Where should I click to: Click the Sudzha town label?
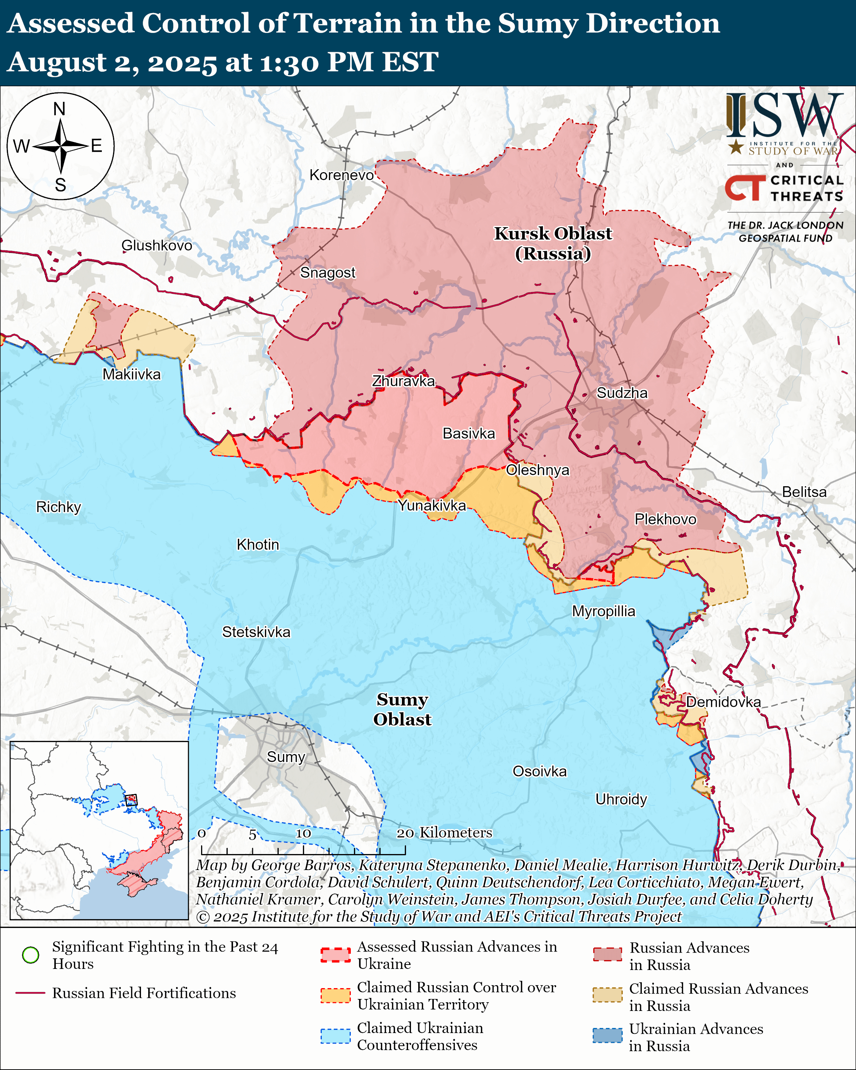[x=622, y=393]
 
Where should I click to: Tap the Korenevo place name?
[x=341, y=175]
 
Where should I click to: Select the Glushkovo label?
[x=157, y=246]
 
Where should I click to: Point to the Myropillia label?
[x=603, y=611]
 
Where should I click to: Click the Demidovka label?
[x=723, y=702]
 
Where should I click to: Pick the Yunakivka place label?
[x=432, y=506]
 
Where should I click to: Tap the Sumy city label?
[x=286, y=757]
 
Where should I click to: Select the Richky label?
[x=59, y=507]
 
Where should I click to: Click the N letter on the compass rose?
[x=59, y=109]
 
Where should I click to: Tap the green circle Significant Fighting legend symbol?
[x=31, y=955]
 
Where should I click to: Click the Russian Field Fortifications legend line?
[x=31, y=993]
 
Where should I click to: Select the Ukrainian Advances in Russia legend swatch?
[x=607, y=1036]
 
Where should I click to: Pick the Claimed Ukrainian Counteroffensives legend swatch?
[x=336, y=1036]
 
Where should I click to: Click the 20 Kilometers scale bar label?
[x=444, y=833]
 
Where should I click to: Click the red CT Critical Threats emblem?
[x=745, y=188]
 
